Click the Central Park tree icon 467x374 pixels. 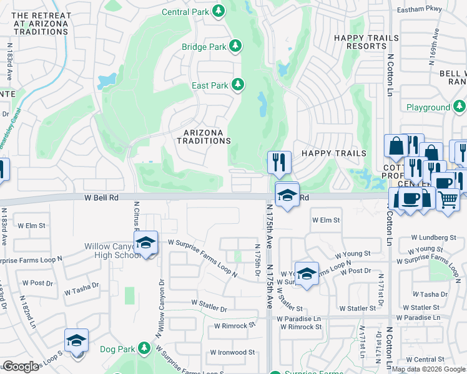(x=219, y=11)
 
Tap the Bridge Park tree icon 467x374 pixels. (x=235, y=46)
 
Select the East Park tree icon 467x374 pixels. (x=237, y=84)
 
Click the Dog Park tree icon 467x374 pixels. (x=145, y=347)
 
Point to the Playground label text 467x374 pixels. (x=428, y=107)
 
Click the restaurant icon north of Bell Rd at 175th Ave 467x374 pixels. (x=279, y=162)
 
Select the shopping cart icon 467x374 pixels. (x=448, y=199)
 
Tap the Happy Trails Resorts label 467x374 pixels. (x=366, y=42)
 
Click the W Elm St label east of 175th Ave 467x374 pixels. (x=326, y=220)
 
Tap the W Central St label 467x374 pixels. (x=428, y=359)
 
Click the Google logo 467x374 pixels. (x=20, y=367)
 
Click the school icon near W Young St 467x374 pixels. (x=307, y=274)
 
